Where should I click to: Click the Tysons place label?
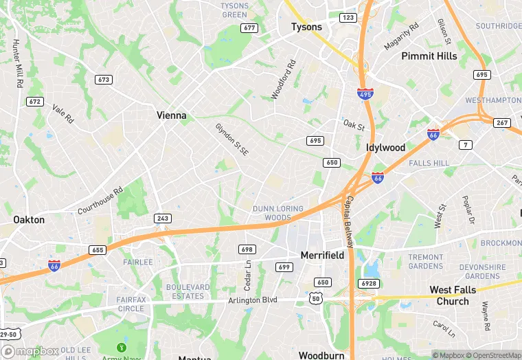(x=306, y=27)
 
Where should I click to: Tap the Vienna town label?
(x=171, y=115)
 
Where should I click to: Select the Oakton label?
(x=29, y=220)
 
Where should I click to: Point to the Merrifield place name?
(x=322, y=255)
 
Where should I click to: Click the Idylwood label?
(x=385, y=148)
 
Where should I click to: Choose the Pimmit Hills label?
(x=429, y=56)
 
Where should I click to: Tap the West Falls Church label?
(x=453, y=295)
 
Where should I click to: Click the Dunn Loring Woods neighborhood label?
(x=282, y=213)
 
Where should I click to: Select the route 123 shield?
(x=348, y=17)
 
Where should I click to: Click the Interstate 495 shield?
(x=365, y=94)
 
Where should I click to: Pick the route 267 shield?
(x=502, y=123)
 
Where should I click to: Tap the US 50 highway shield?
(x=316, y=297)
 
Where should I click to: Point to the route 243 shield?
(x=163, y=218)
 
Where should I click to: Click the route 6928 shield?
(x=369, y=283)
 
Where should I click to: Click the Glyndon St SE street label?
(x=231, y=139)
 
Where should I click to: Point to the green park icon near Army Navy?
(x=122, y=348)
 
